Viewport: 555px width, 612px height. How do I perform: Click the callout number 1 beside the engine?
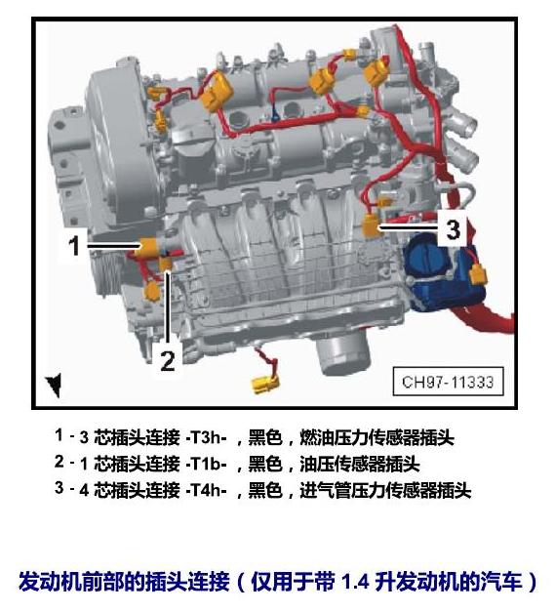click(x=74, y=246)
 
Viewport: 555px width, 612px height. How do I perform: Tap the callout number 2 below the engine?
click(x=168, y=360)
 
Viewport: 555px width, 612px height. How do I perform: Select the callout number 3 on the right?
click(x=453, y=229)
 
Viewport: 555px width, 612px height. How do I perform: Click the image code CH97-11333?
click(x=448, y=382)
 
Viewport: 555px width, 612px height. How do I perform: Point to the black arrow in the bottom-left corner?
click(x=55, y=385)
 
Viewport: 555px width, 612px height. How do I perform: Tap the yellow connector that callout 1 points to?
click(x=147, y=248)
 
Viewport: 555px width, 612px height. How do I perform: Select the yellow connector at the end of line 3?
click(x=372, y=226)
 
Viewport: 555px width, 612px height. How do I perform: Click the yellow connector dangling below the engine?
click(x=265, y=384)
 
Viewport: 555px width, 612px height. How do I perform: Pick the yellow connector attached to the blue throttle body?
click(x=478, y=274)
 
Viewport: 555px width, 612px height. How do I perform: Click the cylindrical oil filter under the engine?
click(x=343, y=353)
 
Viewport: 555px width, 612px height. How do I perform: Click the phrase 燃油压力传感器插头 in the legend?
click(x=377, y=437)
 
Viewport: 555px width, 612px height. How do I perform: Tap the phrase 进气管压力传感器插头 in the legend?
click(x=385, y=490)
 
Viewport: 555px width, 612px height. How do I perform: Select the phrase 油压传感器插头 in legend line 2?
click(x=360, y=464)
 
